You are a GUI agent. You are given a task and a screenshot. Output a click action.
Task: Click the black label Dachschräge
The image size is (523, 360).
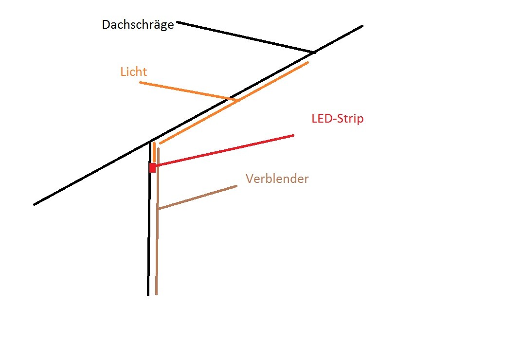[x=138, y=25]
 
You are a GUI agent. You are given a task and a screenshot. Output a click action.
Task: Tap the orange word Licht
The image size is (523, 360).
[x=133, y=72]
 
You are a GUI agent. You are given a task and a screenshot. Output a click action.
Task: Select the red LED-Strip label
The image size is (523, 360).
[x=337, y=119]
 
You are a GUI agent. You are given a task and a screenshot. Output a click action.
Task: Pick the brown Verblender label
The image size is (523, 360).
[x=277, y=179]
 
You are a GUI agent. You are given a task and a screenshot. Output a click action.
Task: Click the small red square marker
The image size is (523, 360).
[x=152, y=168]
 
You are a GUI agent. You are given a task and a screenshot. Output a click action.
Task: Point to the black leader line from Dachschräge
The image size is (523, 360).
[x=246, y=37]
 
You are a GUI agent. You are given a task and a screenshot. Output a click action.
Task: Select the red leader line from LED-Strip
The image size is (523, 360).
[x=224, y=151]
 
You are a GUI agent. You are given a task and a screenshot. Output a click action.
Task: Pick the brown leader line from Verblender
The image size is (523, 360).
[x=197, y=198]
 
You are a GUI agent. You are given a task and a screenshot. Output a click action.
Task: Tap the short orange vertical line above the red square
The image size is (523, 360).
[x=154, y=152]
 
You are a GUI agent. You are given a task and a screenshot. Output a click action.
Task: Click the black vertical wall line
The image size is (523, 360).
[x=149, y=229]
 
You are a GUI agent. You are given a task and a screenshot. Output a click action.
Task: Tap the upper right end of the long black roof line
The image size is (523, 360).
[x=362, y=26]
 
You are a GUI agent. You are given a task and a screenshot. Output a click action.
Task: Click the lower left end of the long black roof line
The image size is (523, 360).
[x=35, y=204]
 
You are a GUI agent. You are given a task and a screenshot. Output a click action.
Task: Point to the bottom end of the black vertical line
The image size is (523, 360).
[x=148, y=294]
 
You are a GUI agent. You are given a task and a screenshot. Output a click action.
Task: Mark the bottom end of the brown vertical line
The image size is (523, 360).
[x=156, y=294]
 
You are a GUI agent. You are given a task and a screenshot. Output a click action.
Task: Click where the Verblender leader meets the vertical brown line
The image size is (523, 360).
[x=158, y=209]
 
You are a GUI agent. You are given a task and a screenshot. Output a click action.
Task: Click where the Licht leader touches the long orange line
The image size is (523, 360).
[x=237, y=101]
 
